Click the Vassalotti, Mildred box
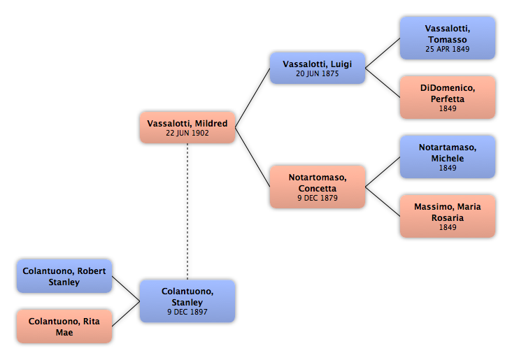[187, 128]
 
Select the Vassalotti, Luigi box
[318, 69]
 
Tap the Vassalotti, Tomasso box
[448, 38]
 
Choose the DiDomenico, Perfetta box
[448, 98]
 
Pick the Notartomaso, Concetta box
[318, 187]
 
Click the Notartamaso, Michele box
[448, 157]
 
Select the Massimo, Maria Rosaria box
[448, 217]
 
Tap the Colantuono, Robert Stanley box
[64, 276]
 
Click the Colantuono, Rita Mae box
[64, 326]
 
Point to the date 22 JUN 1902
[187, 133]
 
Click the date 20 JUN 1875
[318, 73]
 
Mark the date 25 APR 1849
[448, 49]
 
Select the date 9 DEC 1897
[187, 312]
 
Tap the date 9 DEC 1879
[318, 198]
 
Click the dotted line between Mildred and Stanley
[187, 212]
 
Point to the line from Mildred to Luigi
[253, 98]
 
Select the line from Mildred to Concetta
[253, 157]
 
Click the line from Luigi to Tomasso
[383, 53]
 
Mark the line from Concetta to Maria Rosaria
[383, 202]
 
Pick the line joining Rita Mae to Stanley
[126, 314]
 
